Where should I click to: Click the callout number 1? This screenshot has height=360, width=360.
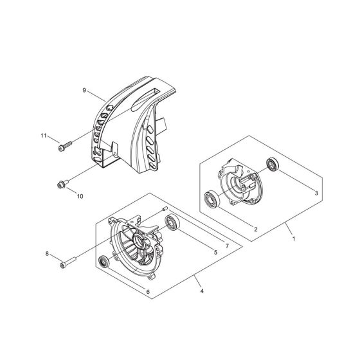click(x=292, y=238)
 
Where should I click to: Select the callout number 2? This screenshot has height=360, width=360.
click(x=255, y=229)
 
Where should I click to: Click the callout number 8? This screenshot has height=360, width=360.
click(x=47, y=253)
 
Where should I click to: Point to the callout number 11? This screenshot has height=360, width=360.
click(x=44, y=136)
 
